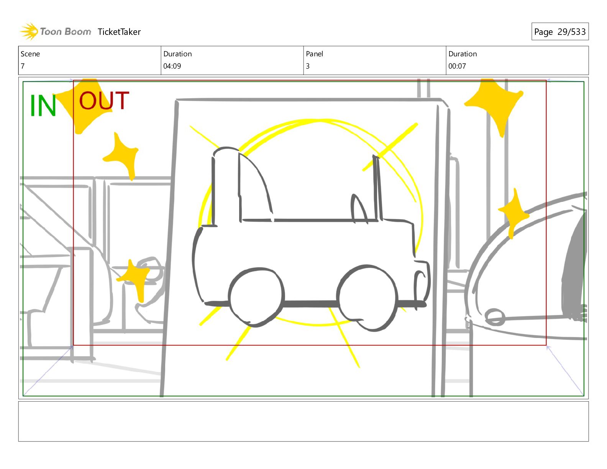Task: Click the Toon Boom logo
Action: click(x=55, y=31)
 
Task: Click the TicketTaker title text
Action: click(x=119, y=32)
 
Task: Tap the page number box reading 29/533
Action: click(x=560, y=31)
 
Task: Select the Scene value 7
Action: click(x=23, y=66)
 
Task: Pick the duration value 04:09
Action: click(x=172, y=66)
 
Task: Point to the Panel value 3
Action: click(x=308, y=66)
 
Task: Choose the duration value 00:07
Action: click(x=457, y=66)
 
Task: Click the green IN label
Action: click(x=43, y=105)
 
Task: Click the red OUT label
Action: click(x=104, y=100)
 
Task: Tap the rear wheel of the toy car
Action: click(x=256, y=297)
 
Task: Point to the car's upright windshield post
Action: click(x=377, y=188)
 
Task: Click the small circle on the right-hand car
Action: click(x=495, y=317)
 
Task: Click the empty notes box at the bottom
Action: click(x=303, y=421)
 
